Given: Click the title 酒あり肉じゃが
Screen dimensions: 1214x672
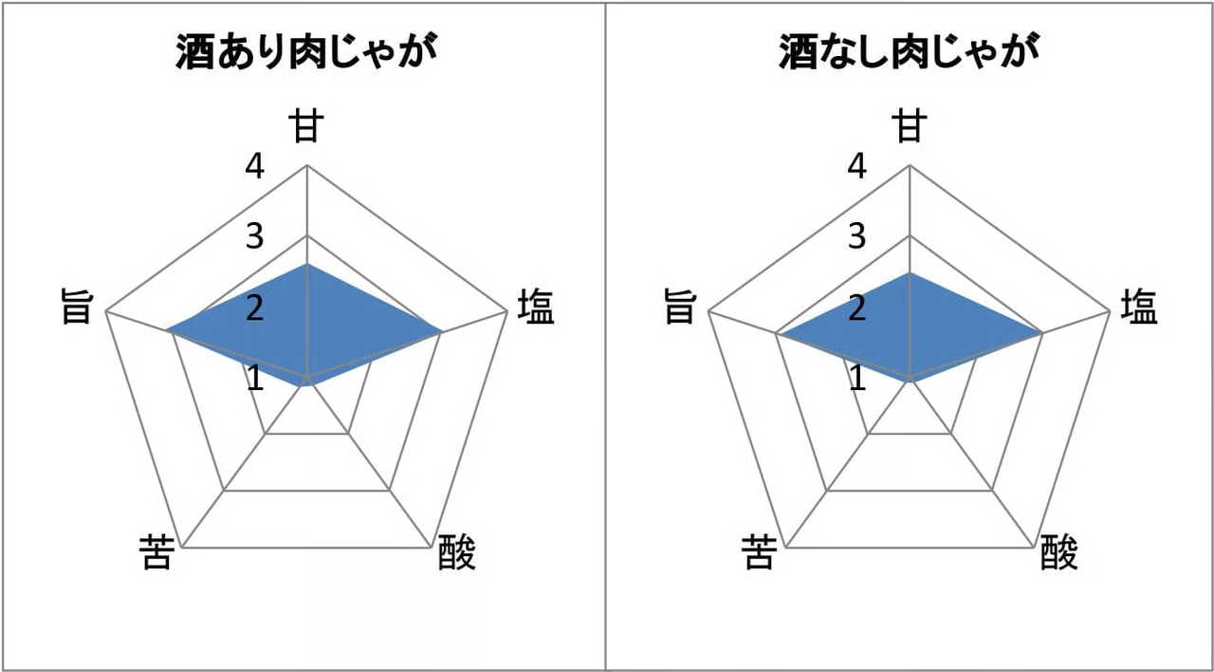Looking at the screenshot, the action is [x=306, y=51].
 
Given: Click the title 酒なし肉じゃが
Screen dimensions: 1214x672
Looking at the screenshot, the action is [x=909, y=51].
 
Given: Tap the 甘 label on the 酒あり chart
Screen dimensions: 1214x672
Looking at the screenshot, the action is [x=306, y=126].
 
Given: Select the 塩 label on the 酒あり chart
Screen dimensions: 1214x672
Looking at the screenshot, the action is [x=536, y=307].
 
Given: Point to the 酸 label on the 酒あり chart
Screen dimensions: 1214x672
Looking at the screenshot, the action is [x=456, y=552].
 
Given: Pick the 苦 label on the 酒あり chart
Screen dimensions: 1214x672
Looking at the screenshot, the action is [x=157, y=552].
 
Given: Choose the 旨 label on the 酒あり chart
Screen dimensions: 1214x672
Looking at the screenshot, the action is [x=77, y=307].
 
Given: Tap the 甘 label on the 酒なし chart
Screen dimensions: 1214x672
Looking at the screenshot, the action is [x=910, y=126].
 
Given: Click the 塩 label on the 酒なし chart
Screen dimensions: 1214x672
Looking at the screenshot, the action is [x=1139, y=307].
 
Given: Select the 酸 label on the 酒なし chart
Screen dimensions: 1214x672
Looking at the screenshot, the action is [x=1059, y=552].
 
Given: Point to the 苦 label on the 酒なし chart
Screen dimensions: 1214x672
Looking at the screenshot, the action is [x=760, y=552].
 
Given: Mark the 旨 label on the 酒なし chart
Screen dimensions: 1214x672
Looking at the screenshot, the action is [x=679, y=307].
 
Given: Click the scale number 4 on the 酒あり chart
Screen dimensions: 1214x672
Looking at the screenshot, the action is [x=255, y=166].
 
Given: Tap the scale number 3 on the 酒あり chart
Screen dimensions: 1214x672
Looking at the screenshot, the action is [x=255, y=236].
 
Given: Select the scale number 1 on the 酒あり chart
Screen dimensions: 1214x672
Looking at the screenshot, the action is [x=256, y=378].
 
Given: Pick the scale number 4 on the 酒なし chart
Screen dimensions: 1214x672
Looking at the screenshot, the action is [x=856, y=166].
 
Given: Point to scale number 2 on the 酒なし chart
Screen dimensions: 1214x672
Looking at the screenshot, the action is [x=856, y=308].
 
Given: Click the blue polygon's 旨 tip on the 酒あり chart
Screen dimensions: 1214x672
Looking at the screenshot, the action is [x=166, y=329].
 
